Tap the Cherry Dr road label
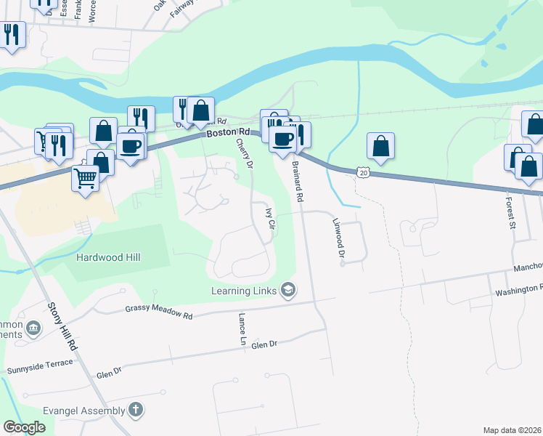[x=245, y=154]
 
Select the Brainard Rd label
[x=296, y=182]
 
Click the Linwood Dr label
[x=338, y=238]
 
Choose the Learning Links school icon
[x=288, y=291]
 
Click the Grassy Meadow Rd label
[x=158, y=312]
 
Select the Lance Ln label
[x=242, y=329]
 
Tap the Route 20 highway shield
[x=363, y=171]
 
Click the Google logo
[x=24, y=427]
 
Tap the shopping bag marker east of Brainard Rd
[x=380, y=146]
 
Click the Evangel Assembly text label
[x=83, y=411]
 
